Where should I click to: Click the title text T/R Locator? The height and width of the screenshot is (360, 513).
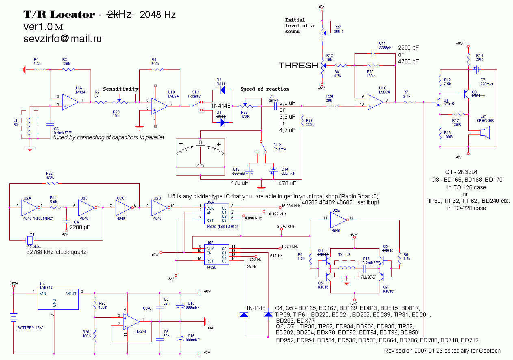[58, 15]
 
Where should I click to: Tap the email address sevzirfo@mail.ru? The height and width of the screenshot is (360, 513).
[63, 39]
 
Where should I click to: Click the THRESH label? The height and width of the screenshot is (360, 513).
[298, 65]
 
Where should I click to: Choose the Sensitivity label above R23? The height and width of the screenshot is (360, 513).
[120, 89]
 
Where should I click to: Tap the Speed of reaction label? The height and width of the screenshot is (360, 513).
[265, 89]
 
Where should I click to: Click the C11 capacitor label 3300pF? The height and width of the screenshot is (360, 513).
[385, 48]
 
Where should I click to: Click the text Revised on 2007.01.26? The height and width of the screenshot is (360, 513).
[442, 351]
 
